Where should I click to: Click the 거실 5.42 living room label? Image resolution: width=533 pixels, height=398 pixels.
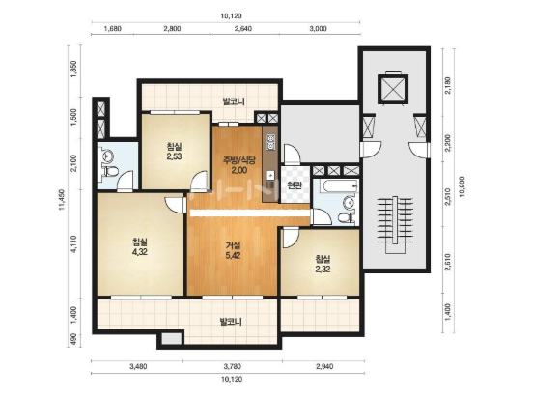[234, 250]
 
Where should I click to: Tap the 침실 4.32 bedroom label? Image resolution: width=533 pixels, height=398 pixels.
[140, 247]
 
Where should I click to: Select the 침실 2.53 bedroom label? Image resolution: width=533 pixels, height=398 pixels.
[174, 152]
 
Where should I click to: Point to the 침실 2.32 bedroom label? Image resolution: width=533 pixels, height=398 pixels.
[323, 264]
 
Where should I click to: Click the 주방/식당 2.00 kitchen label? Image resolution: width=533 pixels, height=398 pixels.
[238, 165]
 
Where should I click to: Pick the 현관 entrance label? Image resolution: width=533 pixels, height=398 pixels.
[295, 185]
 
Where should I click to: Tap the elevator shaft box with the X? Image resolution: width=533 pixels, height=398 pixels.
[393, 88]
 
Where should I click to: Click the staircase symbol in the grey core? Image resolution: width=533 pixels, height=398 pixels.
[395, 224]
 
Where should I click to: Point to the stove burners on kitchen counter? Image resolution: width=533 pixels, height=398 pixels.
[271, 142]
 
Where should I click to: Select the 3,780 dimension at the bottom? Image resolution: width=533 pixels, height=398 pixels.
[233, 366]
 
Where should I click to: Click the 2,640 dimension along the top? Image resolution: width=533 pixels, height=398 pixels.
[242, 29]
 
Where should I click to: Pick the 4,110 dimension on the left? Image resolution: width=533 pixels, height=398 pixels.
[74, 243]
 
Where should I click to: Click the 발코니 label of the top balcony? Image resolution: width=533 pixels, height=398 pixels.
[234, 101]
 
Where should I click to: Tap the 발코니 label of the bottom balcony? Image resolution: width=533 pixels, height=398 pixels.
[231, 322]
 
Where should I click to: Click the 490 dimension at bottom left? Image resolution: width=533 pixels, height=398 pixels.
[74, 339]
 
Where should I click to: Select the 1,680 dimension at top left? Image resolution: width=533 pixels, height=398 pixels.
[113, 29]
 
